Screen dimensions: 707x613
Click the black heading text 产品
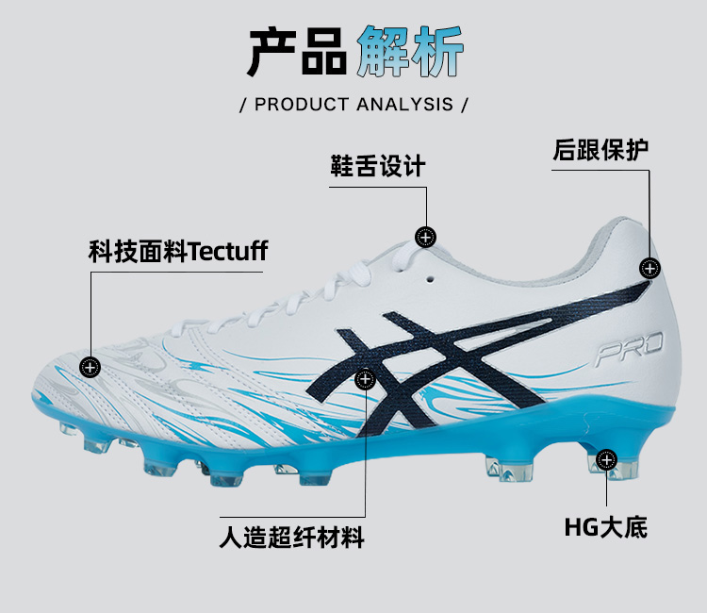[298, 51]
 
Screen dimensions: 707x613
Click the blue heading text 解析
[410, 51]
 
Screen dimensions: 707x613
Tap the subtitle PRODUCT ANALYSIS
[353, 104]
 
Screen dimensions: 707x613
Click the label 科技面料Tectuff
[178, 252]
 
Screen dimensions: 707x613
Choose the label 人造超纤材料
[291, 538]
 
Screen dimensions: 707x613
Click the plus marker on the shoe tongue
[425, 236]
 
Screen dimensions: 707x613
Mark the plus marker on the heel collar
[649, 268]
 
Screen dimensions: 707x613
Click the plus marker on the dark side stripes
[365, 379]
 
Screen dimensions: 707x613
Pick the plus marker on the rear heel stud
[606, 460]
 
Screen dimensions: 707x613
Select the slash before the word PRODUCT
[243, 104]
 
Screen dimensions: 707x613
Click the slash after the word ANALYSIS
[465, 104]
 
